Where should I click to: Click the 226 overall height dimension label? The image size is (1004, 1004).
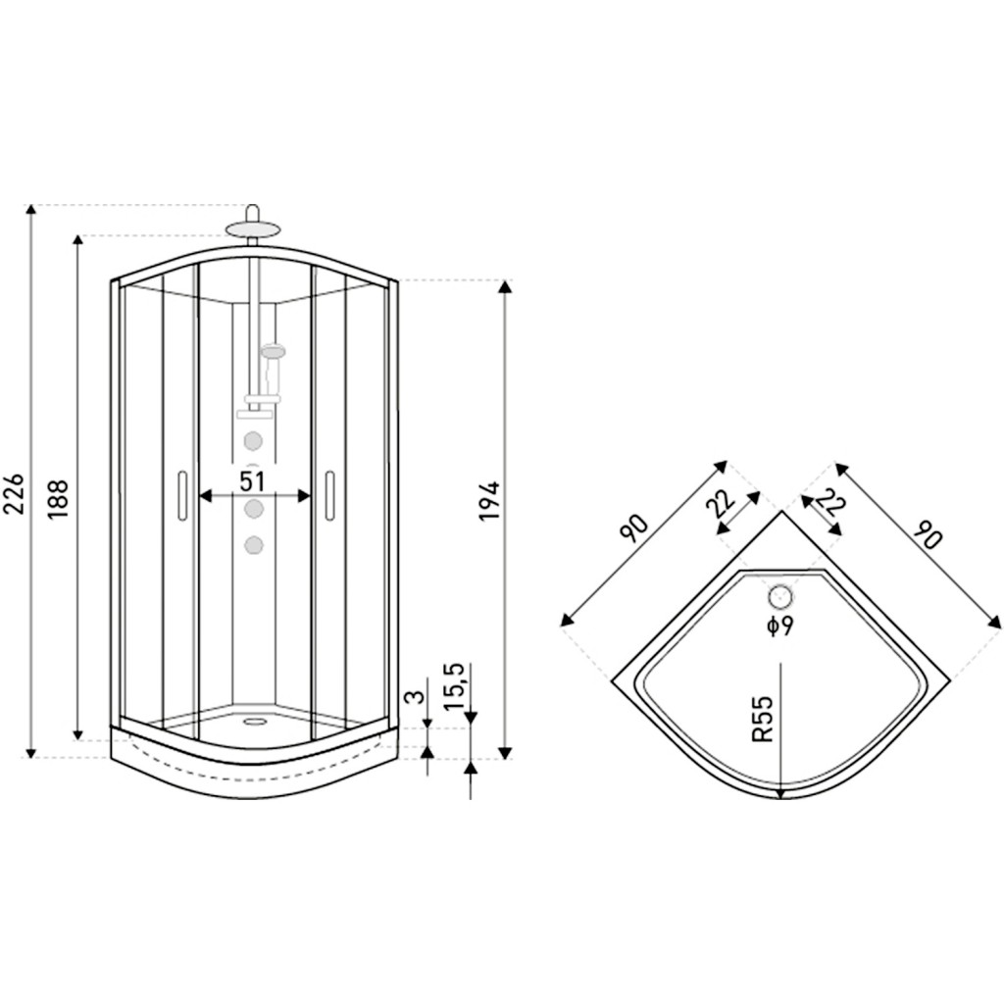click(x=14, y=494)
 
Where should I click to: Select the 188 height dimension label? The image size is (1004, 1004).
click(x=58, y=499)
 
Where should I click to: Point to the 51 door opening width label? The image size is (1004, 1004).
click(x=252, y=480)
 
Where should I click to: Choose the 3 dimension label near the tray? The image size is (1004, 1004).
click(x=417, y=697)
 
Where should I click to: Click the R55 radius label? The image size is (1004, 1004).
click(x=763, y=719)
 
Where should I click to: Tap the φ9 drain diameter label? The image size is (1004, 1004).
click(x=780, y=626)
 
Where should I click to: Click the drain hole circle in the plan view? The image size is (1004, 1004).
click(x=780, y=597)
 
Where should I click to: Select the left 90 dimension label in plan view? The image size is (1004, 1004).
click(x=634, y=528)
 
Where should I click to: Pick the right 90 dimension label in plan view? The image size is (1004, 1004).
click(x=928, y=534)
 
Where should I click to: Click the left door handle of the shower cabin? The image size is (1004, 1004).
click(x=182, y=495)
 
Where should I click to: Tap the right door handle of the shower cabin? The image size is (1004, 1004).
click(x=329, y=495)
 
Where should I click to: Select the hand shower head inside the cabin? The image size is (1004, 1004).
click(x=274, y=352)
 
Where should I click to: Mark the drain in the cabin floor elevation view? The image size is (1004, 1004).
click(x=256, y=722)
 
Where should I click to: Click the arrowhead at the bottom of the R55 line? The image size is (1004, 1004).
click(x=780, y=794)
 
